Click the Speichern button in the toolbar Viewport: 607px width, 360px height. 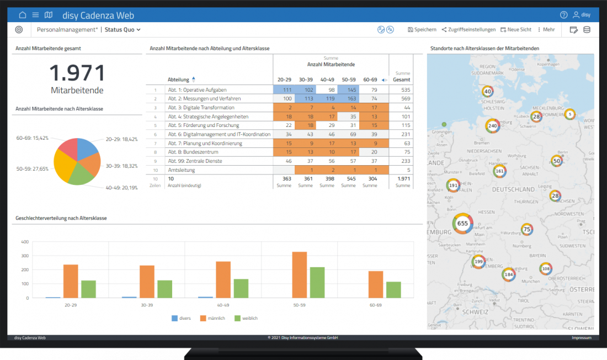point(422,30)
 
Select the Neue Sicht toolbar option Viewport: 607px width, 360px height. point(517,30)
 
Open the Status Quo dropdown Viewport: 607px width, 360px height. point(123,30)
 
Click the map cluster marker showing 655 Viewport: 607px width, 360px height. point(462,224)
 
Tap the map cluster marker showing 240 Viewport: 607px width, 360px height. point(493,126)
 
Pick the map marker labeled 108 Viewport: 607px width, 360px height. point(545,269)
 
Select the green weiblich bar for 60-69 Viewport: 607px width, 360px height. point(393,289)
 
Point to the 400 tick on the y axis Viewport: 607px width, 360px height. point(24,242)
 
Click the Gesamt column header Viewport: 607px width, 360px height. point(401,80)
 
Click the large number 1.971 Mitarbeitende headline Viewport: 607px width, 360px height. point(77,73)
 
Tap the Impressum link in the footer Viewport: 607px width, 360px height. point(581,338)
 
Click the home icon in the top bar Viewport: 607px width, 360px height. point(23,15)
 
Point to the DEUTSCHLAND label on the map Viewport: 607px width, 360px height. point(513,189)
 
